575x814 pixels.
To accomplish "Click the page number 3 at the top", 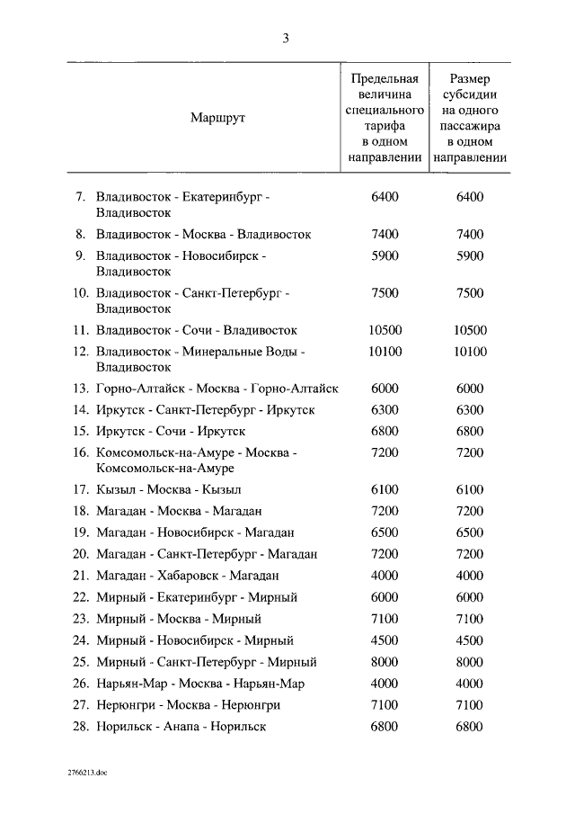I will [287, 38].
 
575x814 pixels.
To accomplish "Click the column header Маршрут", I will [218, 118].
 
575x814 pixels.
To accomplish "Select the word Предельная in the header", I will [385, 78].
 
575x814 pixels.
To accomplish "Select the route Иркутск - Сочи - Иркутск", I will [171, 432].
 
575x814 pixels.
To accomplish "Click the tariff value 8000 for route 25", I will [384, 662].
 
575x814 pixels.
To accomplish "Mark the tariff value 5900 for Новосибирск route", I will [384, 255].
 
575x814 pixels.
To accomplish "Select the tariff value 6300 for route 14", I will [384, 410].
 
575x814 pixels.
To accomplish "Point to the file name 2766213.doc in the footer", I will [86, 773].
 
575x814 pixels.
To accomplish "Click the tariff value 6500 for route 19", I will [384, 532].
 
